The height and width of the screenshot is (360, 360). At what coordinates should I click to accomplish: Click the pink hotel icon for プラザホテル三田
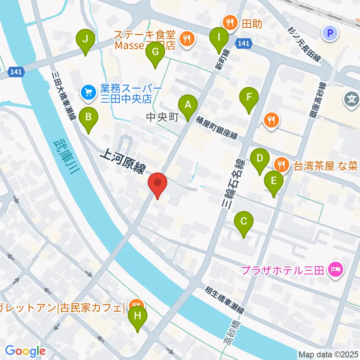pyautogui.click(x=335, y=269)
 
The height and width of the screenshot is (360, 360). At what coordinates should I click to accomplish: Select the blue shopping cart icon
pyautogui.click(x=88, y=91)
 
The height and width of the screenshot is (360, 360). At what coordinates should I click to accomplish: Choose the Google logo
pyautogui.click(x=25, y=351)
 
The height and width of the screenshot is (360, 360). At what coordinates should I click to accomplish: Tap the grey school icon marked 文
pyautogui.click(x=351, y=99)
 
